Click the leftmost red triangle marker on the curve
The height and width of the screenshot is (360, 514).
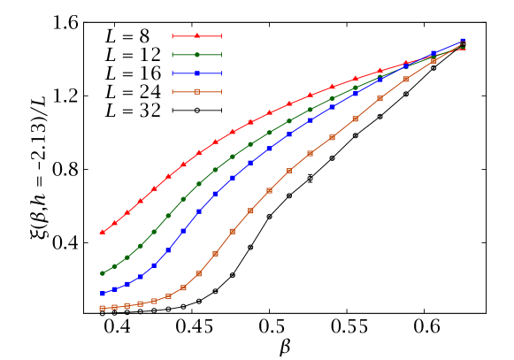point(103,232)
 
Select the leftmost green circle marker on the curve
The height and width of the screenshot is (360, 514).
point(103,273)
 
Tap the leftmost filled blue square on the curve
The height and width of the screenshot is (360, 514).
point(103,294)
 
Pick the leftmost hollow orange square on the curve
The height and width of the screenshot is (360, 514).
point(103,308)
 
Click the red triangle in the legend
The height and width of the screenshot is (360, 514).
point(196,36)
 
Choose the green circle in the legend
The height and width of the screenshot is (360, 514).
point(196,55)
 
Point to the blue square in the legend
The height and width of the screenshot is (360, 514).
point(196,73)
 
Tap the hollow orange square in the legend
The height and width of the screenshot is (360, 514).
point(196,91)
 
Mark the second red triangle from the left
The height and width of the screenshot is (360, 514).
point(114,223)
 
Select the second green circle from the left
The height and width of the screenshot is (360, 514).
point(114,265)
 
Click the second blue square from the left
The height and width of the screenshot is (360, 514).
point(114,289)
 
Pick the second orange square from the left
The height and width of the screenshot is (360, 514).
point(114,307)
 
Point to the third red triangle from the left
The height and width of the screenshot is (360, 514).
point(127,212)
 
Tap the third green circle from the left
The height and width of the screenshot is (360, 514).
point(127,257)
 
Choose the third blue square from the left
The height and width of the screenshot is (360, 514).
point(127,285)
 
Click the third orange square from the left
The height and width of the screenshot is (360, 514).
point(127,306)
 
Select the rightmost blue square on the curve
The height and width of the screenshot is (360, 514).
point(463,41)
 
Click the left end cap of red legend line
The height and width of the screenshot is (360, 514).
point(173,36)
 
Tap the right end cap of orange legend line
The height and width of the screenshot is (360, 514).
point(221,91)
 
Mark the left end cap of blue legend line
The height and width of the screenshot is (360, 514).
point(173,73)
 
